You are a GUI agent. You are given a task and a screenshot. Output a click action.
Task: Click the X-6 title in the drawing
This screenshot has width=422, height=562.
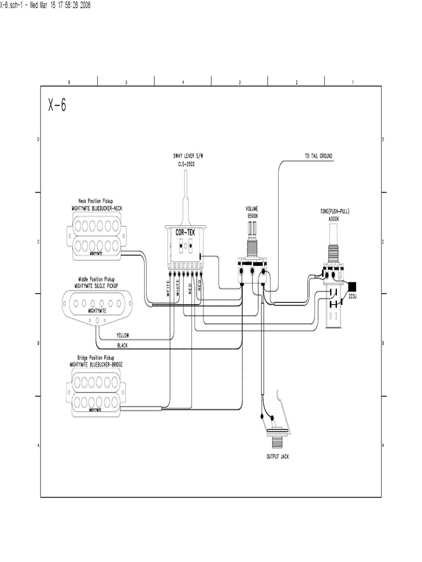[x=57, y=105]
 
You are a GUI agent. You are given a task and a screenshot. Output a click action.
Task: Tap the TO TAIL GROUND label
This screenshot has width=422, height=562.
[x=319, y=156]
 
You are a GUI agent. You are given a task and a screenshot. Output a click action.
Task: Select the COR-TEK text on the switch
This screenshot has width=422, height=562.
[x=185, y=233]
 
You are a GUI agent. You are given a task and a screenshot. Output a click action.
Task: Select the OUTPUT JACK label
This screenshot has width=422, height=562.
[x=277, y=457]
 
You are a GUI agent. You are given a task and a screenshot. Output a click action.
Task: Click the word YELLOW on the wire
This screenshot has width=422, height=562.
[x=124, y=335]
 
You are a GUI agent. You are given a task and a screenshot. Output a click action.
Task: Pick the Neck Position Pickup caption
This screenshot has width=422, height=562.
[x=99, y=202]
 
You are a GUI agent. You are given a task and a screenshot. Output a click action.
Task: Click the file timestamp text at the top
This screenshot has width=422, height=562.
[x=45, y=5]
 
